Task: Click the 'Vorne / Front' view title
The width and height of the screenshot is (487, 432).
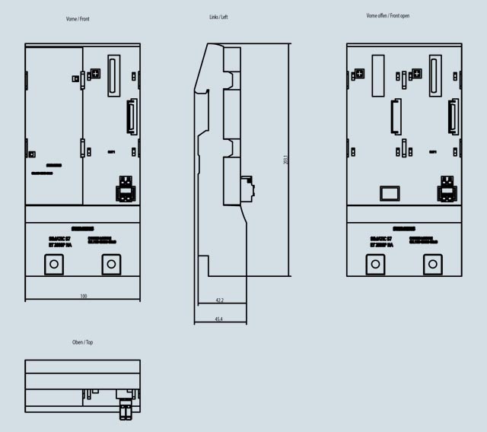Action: click(78, 18)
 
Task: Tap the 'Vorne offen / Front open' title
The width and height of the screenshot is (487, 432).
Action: click(387, 15)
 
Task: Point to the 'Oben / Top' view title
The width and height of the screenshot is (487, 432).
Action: click(82, 342)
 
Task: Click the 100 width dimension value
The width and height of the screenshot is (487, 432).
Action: click(83, 295)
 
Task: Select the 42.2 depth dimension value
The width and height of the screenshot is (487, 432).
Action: click(219, 300)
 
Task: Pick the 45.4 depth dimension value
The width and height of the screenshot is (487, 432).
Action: click(219, 319)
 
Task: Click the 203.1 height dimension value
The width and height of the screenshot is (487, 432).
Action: click(285, 161)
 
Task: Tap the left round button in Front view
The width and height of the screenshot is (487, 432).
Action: click(53, 264)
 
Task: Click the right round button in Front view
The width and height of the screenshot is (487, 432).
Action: click(111, 264)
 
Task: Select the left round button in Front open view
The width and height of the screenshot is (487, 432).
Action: click(375, 264)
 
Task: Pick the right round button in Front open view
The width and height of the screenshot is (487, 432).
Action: click(432, 264)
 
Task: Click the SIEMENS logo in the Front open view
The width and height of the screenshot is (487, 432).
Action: click(403, 228)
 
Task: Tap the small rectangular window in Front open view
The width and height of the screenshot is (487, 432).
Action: click(390, 192)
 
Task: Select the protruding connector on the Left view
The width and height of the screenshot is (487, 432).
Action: click(246, 189)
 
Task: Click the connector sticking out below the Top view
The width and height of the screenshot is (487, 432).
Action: click(124, 411)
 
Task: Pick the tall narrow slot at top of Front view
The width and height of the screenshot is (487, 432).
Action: click(114, 76)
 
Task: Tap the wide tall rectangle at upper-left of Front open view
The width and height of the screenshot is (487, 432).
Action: click(378, 75)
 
